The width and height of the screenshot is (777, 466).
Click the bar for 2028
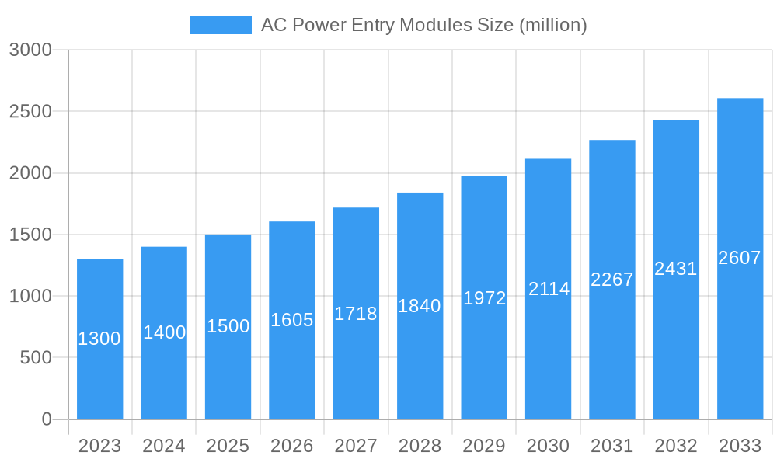click(420, 365)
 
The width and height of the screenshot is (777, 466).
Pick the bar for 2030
click(548, 357)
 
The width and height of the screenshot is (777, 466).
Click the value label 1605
click(292, 320)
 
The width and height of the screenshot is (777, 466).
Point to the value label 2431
click(676, 269)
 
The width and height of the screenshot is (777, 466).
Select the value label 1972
click(484, 298)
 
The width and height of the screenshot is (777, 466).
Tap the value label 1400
click(164, 332)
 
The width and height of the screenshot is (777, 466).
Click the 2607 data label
click(740, 258)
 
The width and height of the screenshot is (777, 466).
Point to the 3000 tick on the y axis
click(30, 50)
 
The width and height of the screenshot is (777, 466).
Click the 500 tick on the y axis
click(36, 358)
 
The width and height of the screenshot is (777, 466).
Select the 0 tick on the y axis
click(46, 419)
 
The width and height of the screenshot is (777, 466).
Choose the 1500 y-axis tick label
click(30, 235)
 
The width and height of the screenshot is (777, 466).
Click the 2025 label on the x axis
click(228, 446)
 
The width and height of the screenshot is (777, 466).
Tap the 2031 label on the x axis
click(612, 446)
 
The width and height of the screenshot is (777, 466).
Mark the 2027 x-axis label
click(356, 446)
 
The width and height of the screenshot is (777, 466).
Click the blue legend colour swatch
click(221, 25)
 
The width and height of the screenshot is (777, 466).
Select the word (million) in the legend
click(552, 25)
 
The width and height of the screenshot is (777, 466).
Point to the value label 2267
click(612, 280)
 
